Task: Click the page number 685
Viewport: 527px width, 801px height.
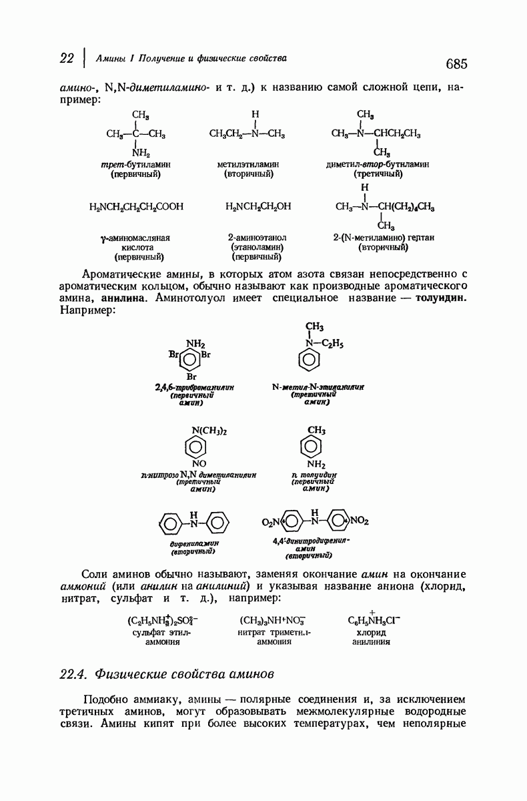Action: click(x=452, y=63)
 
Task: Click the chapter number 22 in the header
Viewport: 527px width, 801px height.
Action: click(x=65, y=58)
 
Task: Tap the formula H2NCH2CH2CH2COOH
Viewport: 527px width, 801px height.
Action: click(x=135, y=207)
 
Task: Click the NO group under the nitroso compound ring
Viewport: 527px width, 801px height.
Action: click(x=199, y=463)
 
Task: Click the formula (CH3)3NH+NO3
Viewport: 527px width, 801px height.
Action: click(x=275, y=619)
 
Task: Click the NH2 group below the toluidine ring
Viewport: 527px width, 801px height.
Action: click(x=316, y=463)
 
